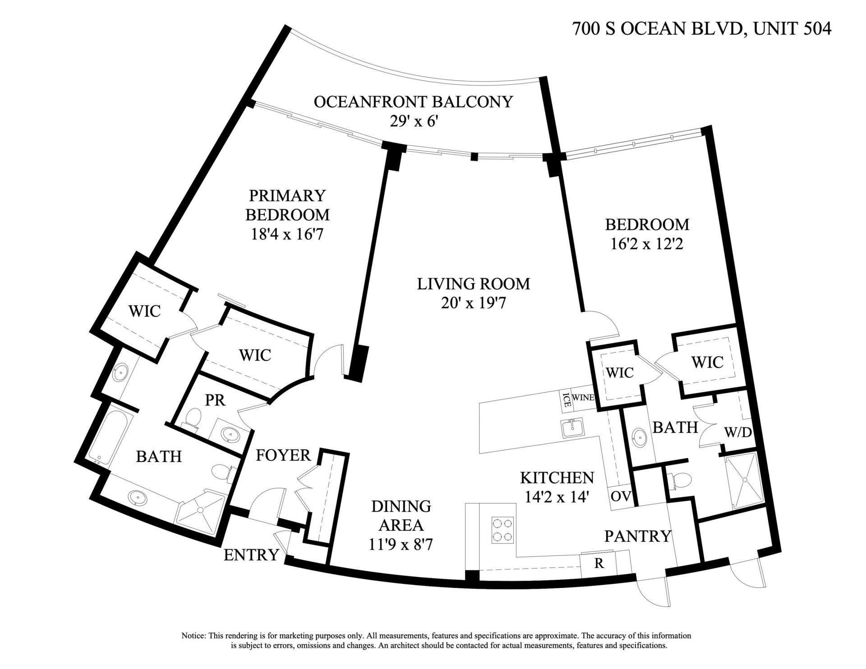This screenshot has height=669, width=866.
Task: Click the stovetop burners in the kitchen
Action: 502,530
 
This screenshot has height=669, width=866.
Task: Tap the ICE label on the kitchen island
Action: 566,400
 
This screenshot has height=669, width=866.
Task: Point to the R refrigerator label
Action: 599,564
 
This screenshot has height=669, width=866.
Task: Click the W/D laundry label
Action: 738,432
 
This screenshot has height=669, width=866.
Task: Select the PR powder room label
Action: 215,400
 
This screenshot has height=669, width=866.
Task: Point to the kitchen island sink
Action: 572,427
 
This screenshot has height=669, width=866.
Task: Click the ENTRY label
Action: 251,555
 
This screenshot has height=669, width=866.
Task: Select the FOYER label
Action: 283,455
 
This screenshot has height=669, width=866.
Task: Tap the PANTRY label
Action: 638,536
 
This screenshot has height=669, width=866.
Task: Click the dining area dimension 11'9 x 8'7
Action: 401,545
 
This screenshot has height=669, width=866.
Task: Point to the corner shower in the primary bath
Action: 199,511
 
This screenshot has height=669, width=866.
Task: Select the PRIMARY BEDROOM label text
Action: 287,205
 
